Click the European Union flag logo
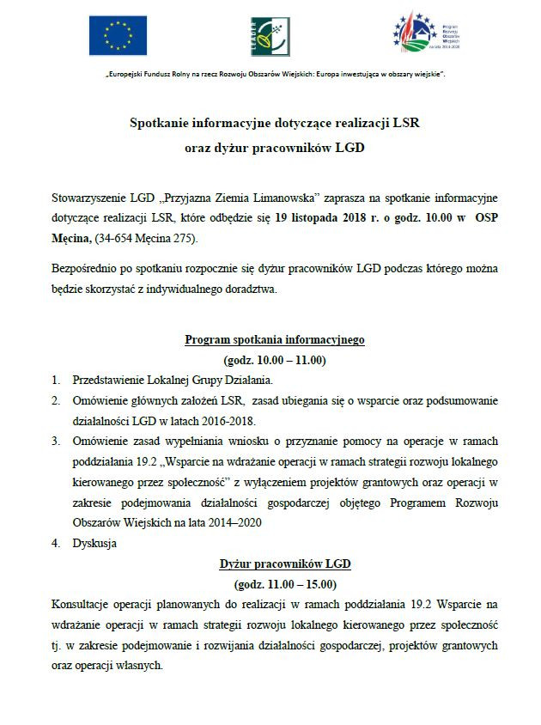(x=118, y=35)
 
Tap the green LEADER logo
(x=270, y=36)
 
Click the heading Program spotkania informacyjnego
(x=275, y=339)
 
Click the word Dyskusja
(x=94, y=543)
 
